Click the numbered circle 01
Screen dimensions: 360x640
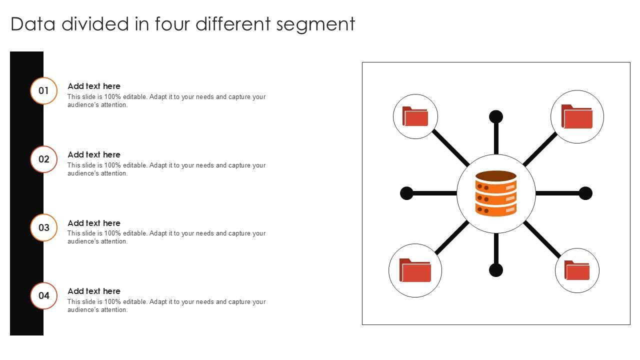[44, 91]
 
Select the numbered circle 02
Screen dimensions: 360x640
[44, 159]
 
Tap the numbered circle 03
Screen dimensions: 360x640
[44, 227]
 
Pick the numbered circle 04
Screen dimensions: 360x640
[44, 295]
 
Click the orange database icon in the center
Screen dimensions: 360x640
[496, 193]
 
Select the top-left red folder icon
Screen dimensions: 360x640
[415, 116]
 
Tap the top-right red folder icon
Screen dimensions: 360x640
[577, 116]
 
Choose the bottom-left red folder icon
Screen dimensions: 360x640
[415, 270]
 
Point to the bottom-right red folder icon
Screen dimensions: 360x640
[577, 270]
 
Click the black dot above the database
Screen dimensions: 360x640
[496, 117]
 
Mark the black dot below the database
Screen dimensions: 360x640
[496, 270]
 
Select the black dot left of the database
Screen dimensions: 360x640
[407, 193]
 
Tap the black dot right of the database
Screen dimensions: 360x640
[585, 193]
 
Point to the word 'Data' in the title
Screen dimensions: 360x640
[33, 24]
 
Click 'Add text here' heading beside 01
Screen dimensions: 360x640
[94, 86]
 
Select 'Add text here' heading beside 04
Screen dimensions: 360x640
[94, 291]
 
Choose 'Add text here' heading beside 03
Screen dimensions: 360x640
[94, 223]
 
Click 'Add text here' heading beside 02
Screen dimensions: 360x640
[94, 154]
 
